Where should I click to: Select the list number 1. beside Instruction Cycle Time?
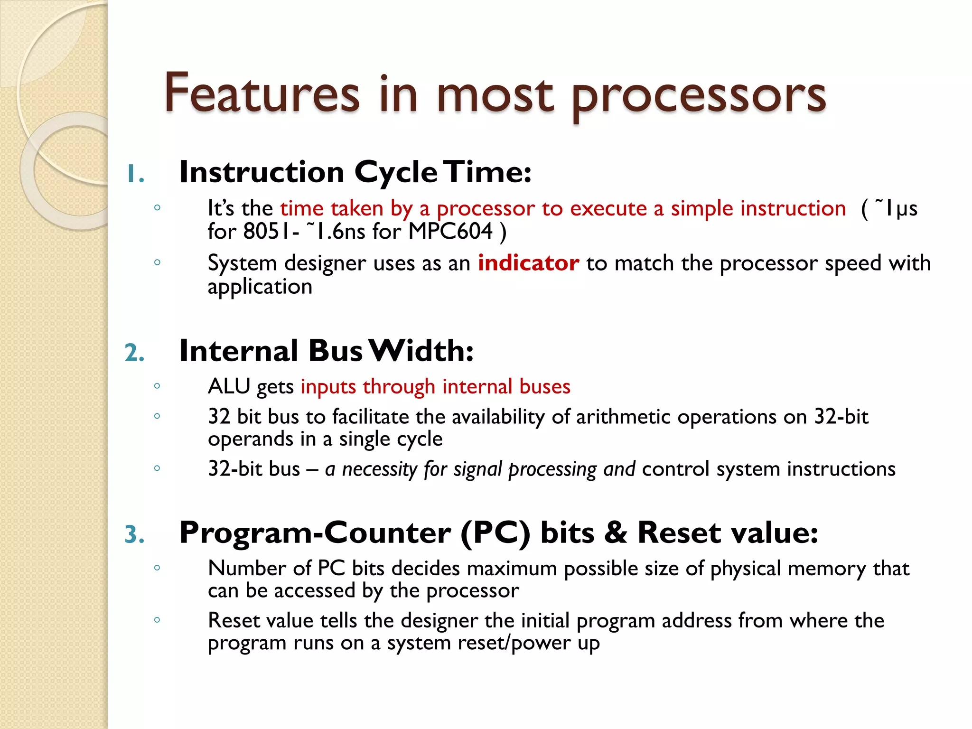135,174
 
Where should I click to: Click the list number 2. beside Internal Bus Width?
134,353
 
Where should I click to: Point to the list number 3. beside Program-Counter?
134,534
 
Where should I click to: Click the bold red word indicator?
528,263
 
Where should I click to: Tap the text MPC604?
450,232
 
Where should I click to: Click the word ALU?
229,386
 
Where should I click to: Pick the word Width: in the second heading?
421,351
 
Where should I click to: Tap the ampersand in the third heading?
616,533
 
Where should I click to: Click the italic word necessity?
379,469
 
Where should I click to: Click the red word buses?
544,386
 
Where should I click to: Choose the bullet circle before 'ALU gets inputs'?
157,386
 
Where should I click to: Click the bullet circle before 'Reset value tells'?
157,619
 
